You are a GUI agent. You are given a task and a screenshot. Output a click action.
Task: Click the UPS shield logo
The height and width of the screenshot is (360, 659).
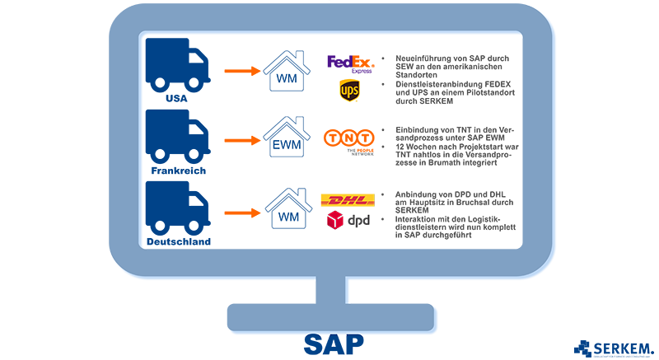point(348,90)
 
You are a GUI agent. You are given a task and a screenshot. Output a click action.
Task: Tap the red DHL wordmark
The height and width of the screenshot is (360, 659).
point(347,200)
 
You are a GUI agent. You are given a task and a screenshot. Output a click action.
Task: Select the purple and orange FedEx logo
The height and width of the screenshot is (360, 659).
point(347,56)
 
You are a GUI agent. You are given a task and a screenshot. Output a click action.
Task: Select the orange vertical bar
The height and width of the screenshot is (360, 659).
point(241,140)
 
